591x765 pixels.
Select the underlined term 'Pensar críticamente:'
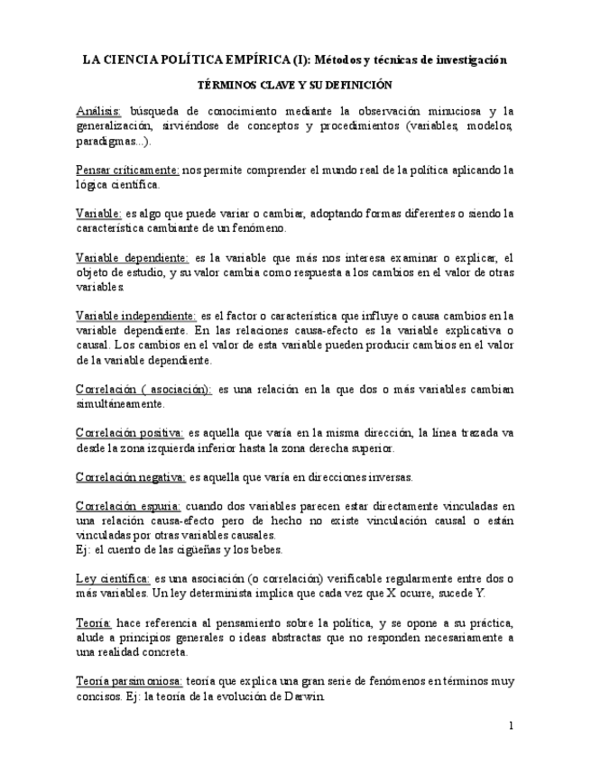[x=127, y=170]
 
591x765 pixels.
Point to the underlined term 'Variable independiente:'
[x=135, y=317]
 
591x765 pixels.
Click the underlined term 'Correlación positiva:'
[x=130, y=433]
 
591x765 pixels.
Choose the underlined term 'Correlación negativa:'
[x=131, y=477]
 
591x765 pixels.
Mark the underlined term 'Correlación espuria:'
[x=129, y=506]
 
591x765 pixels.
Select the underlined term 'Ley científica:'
[x=113, y=578]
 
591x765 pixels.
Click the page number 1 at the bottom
[x=511, y=725]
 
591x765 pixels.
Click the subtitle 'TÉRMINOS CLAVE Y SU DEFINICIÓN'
[x=294, y=87]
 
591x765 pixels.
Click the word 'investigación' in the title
[x=461, y=60]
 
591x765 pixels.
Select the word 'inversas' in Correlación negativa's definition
[x=386, y=477]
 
